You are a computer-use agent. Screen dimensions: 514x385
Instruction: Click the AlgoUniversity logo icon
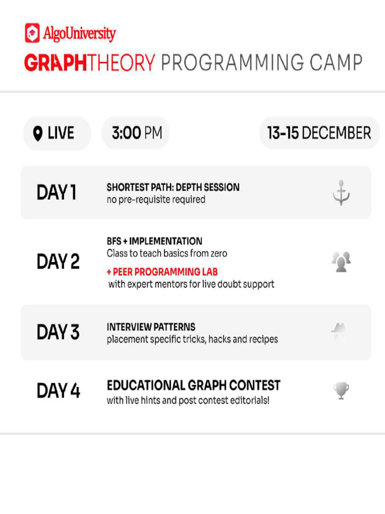32,33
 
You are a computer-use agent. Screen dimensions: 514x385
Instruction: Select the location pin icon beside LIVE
38,134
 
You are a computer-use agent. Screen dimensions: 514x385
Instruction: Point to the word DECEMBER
336,133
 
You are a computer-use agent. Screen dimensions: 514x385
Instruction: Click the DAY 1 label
56,192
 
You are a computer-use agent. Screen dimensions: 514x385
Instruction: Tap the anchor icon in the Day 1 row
341,192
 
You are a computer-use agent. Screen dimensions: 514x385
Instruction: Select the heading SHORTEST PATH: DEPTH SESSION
173,187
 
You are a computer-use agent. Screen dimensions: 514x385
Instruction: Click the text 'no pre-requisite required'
156,200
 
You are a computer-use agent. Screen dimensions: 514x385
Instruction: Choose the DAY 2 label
58,262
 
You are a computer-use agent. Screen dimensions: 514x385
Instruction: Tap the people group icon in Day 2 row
341,262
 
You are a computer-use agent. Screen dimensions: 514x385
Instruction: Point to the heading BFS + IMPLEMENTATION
154,241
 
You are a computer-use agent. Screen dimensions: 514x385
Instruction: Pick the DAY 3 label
58,332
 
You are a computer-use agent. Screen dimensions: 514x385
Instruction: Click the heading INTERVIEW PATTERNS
151,327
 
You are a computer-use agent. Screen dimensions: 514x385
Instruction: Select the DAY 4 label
58,391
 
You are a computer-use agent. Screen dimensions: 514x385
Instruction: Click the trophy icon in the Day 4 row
341,391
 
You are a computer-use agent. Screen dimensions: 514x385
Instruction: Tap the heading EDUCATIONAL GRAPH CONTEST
193,385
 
